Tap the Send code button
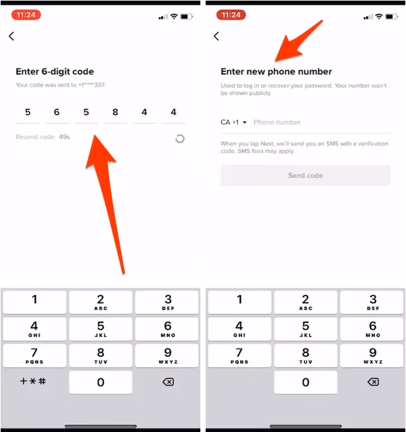(305, 175)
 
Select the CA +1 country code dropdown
(234, 122)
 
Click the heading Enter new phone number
(276, 72)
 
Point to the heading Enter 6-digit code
(55, 72)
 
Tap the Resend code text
(35, 137)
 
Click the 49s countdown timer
(65, 137)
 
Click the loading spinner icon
(180, 138)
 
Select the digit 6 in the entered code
(57, 112)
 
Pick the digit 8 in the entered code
(115, 112)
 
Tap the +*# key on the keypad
(33, 381)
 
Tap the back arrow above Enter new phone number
(216, 37)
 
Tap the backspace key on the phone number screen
(373, 382)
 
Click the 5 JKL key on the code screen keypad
(101, 328)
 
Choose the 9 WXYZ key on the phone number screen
(373, 355)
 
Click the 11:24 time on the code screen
(26, 14)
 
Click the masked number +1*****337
(88, 85)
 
